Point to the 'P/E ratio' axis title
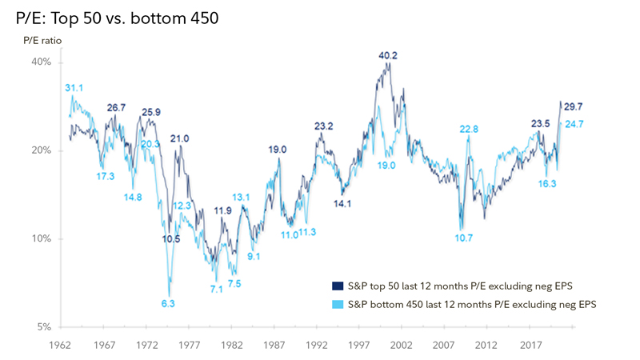point(41,40)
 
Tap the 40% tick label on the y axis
point(42,62)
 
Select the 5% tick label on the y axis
point(44,326)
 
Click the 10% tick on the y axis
point(42,238)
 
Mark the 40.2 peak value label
point(389,56)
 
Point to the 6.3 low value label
point(168,303)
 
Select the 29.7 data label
point(574,106)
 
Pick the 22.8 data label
point(470,129)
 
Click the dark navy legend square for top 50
point(336,285)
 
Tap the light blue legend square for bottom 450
point(336,304)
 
